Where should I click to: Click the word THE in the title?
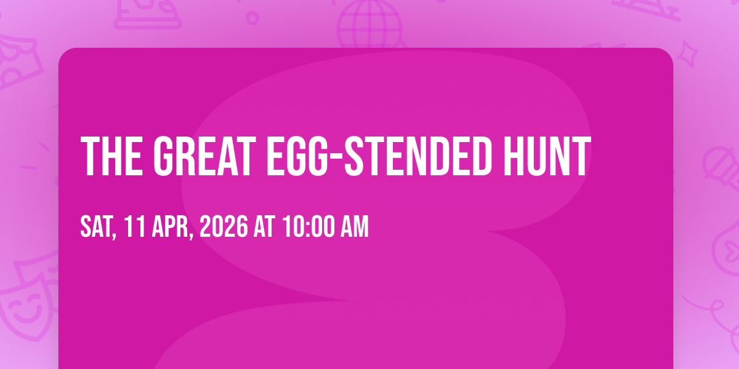111,156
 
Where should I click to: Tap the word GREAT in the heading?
204,156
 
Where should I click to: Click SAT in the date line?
97,227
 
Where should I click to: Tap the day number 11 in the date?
135,226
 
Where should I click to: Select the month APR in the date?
172,227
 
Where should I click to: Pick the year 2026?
224,226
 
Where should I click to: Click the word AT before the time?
264,226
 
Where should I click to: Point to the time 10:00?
308,226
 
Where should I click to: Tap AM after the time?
354,226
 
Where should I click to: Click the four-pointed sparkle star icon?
687,54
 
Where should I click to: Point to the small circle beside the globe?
252,18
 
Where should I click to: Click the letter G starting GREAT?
163,156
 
